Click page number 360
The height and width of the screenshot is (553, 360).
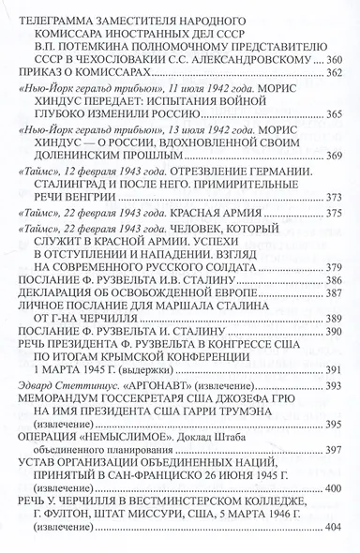click(x=335, y=61)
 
